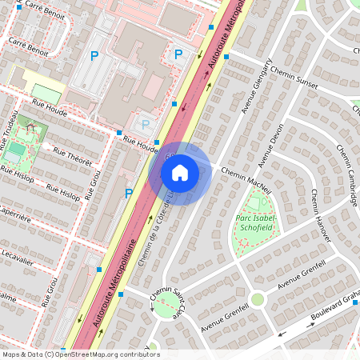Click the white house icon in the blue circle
180,172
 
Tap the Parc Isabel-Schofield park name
256,223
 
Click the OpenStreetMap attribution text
80,354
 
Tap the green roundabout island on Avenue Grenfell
258,299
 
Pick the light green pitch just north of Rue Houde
47,94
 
